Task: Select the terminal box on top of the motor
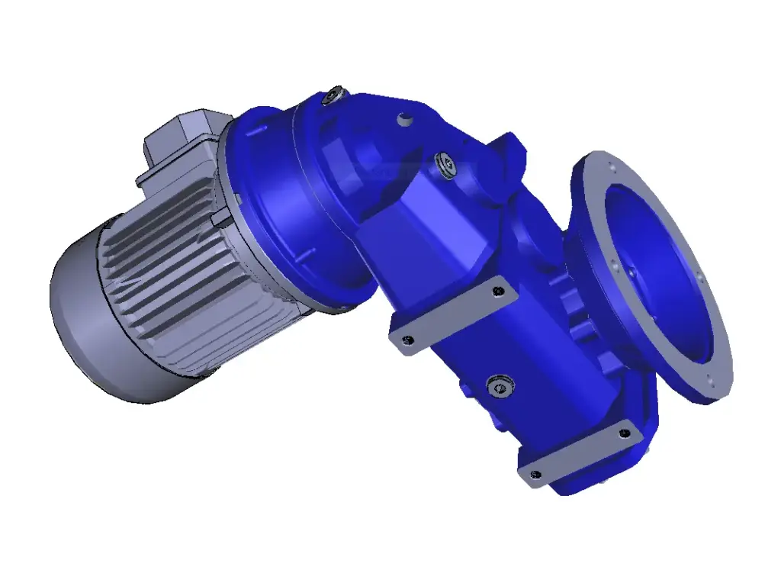point(183,145)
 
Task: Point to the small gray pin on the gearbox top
point(403,120)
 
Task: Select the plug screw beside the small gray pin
point(444,163)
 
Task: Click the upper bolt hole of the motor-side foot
point(499,291)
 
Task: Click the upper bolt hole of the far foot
point(625,433)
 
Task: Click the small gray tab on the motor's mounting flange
point(221,220)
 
